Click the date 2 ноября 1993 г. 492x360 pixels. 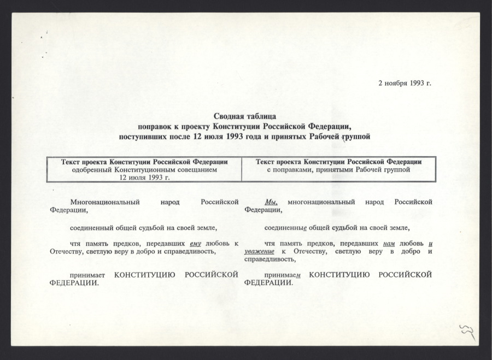coord(405,84)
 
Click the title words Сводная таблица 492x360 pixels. coord(244,116)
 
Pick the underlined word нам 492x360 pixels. coord(391,243)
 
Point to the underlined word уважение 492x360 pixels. coord(261,251)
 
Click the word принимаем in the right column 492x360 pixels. coord(283,274)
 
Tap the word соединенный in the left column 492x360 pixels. coord(91,227)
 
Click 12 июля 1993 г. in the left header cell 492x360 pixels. coord(144,177)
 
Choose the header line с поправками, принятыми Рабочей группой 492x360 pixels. coord(339,169)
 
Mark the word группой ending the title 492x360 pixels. coord(356,136)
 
